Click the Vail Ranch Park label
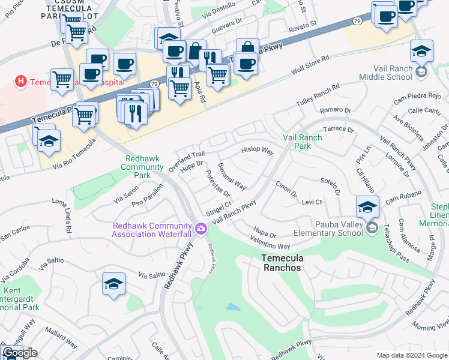tap(303, 142)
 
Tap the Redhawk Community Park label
tap(142, 167)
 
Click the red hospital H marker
tap(21, 80)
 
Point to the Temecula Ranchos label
tap(282, 263)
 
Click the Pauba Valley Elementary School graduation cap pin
tap(367, 207)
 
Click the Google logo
tap(20, 353)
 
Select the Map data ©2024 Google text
tap(412, 355)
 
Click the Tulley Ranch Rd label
tap(318, 96)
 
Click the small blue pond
tap(233, 308)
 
